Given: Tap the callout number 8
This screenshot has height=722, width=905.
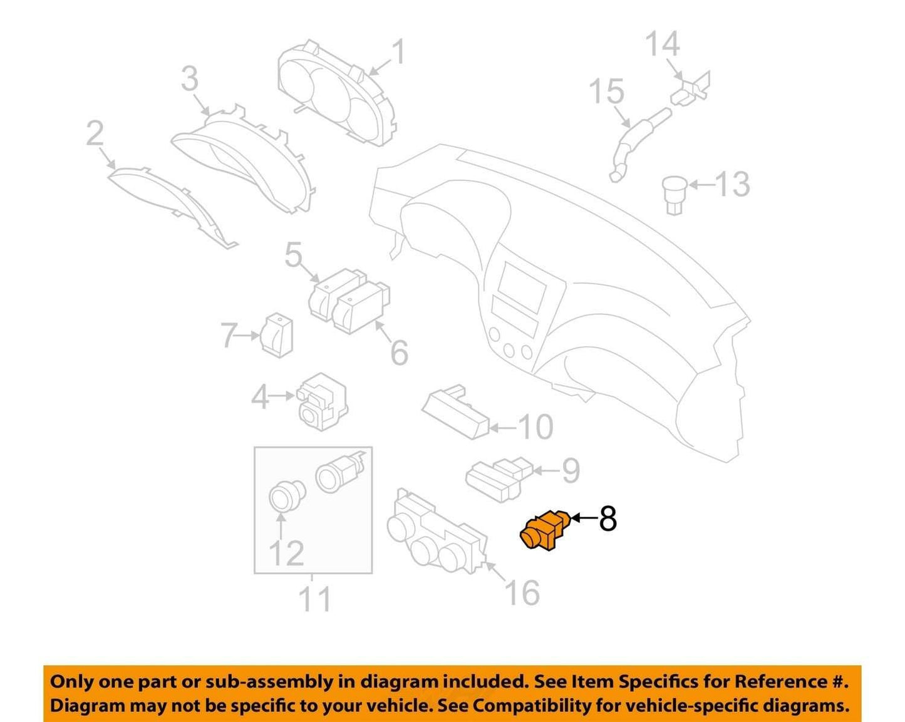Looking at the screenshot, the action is [x=608, y=519].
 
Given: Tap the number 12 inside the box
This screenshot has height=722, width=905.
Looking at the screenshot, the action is [x=286, y=554].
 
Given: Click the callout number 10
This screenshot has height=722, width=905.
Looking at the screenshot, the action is [x=535, y=427].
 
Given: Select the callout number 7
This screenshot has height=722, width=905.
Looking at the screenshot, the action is [x=230, y=335].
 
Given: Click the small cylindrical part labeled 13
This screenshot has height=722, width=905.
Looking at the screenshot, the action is [x=675, y=195].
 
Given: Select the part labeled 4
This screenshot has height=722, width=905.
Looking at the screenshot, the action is [x=322, y=401].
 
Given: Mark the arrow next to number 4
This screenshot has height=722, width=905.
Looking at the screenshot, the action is [x=281, y=396].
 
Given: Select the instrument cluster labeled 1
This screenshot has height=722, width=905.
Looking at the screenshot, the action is [x=338, y=93].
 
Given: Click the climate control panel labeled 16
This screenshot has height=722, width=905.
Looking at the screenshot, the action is [x=437, y=529].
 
